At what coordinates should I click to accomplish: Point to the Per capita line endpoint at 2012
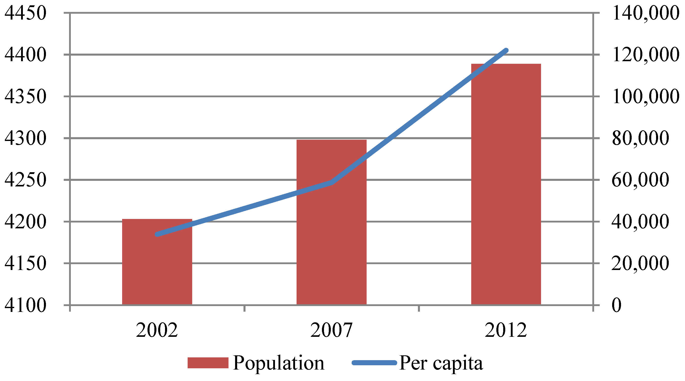(x=506, y=51)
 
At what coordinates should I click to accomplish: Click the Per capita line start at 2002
(x=157, y=234)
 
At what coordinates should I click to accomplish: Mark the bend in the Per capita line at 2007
(x=332, y=182)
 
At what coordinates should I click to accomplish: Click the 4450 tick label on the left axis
(x=25, y=13)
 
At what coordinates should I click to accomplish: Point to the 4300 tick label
(x=25, y=138)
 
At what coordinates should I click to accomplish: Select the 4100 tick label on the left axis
(x=25, y=305)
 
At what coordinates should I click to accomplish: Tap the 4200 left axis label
(x=25, y=222)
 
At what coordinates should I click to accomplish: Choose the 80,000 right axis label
(x=640, y=138)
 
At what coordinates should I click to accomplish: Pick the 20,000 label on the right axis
(x=640, y=263)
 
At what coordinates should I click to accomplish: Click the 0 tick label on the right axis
(x=616, y=305)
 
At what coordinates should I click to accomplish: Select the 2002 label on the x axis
(x=157, y=330)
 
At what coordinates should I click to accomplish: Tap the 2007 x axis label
(x=331, y=330)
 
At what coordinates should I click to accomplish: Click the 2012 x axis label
(x=506, y=330)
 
